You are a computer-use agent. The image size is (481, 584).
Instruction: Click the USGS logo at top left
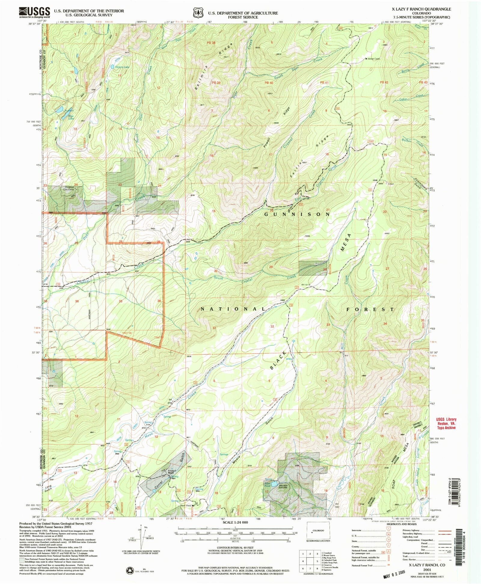pyautogui.click(x=34, y=12)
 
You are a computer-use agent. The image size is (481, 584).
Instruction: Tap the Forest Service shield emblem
pyautogui.click(x=197, y=14)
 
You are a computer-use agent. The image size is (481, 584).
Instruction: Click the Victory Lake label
pyautogui.click(x=122, y=67)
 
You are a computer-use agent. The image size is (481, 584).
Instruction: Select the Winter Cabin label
pyautogui.click(x=374, y=59)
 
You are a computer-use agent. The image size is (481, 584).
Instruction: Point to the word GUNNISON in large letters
pyautogui.click(x=297, y=214)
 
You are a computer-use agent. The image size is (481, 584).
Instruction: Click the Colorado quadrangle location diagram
pyautogui.click(x=318, y=531)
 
